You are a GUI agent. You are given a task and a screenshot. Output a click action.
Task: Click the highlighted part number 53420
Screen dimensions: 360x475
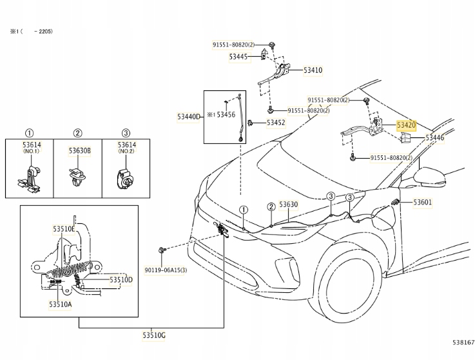pos(407,126)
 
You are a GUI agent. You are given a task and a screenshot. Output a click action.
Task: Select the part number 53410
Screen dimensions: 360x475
pos(313,70)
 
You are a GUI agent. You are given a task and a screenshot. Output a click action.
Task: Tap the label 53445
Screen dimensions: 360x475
pos(238,57)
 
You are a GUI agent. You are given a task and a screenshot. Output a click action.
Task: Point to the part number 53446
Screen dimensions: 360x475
pos(434,138)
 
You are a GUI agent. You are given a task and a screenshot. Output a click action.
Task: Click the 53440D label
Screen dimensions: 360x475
pos(189,117)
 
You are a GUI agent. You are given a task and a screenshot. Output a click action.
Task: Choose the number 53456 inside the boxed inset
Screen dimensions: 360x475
pos(226,114)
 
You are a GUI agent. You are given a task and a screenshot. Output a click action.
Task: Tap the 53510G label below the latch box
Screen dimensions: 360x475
pos(154,334)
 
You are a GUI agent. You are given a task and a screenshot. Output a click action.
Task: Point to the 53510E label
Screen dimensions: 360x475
pos(64,228)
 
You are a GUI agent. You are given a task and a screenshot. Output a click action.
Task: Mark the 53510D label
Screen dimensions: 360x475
pos(121,279)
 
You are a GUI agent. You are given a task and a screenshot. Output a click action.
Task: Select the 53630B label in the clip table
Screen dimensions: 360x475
pos(80,150)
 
